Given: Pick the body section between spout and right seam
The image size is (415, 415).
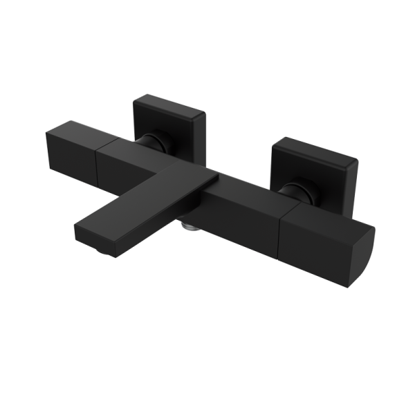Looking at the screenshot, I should tap(242, 211).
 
